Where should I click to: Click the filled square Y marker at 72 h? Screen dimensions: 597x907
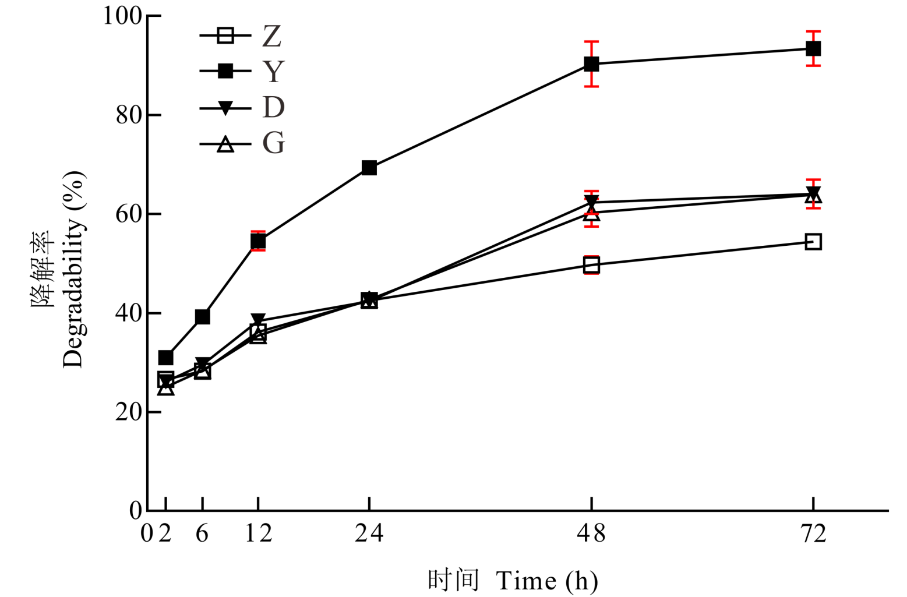click(813, 48)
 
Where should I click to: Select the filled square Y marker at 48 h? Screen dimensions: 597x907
click(591, 64)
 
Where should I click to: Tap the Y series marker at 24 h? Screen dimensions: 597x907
click(369, 168)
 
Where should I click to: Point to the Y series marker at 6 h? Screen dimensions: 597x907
click(202, 317)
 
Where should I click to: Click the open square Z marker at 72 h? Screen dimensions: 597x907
click(813, 242)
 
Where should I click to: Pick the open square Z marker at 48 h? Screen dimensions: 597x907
click(591, 266)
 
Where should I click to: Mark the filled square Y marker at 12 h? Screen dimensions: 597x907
click(258, 241)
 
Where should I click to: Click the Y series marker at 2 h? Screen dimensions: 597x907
click(165, 358)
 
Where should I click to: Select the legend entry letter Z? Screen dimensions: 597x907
click(272, 36)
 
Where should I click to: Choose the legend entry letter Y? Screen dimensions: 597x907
click(273, 72)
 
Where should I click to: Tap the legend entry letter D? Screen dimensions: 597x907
click(273, 107)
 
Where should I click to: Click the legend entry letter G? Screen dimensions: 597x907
click(273, 143)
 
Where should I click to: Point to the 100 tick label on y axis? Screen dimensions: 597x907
click(122, 16)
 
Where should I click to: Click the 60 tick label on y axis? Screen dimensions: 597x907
click(129, 214)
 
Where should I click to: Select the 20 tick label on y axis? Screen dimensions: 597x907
click(129, 412)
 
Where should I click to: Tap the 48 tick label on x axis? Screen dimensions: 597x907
click(591, 533)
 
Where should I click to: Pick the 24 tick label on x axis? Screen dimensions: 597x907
click(369, 533)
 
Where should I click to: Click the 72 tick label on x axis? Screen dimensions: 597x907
click(813, 533)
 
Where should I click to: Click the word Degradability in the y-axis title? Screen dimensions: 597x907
click(73, 270)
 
